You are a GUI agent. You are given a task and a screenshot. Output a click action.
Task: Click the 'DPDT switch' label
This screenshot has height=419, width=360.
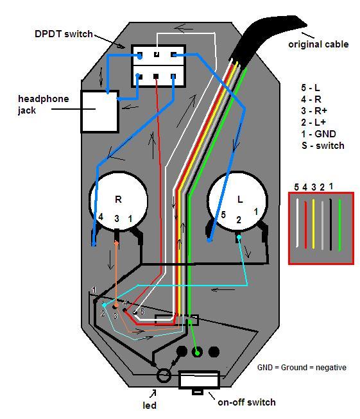pyautogui.click(x=64, y=34)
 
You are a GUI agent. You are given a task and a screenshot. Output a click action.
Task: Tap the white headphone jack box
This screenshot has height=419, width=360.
pyautogui.click(x=100, y=112)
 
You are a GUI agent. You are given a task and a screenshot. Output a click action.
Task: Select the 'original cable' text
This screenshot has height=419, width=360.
pyautogui.click(x=318, y=44)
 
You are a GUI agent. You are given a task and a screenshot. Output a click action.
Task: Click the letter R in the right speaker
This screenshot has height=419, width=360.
pyautogui.click(x=118, y=200)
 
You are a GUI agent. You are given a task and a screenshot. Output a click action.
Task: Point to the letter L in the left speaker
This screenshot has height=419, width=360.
pyautogui.click(x=240, y=200)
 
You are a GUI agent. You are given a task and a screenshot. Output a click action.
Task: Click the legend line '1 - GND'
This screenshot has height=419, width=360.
pyautogui.click(x=318, y=134)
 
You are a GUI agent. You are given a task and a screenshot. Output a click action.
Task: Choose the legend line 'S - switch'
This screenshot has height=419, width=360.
pyautogui.click(x=323, y=146)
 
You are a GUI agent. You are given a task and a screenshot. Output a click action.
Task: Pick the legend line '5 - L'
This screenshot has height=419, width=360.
pyautogui.click(x=311, y=88)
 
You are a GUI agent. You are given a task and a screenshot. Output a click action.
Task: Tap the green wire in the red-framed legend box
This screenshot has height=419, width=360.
pyautogui.click(x=339, y=225)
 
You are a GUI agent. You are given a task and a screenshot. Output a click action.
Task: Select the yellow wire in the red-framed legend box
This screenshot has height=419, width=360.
pyautogui.click(x=313, y=224)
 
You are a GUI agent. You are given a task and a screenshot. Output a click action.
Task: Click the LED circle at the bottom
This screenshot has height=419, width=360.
pyautogui.click(x=163, y=375)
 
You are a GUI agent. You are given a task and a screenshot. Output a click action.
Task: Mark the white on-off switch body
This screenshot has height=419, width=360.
pyautogui.click(x=199, y=379)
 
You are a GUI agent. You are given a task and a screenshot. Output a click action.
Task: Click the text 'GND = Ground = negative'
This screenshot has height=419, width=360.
pyautogui.click(x=302, y=368)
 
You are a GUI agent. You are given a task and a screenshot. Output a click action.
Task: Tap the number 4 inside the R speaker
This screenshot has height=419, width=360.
pyautogui.click(x=101, y=217)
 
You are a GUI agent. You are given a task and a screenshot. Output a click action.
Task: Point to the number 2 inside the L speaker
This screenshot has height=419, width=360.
pyautogui.click(x=239, y=220)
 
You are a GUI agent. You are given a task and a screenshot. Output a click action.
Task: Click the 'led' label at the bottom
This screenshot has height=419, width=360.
pyautogui.click(x=150, y=406)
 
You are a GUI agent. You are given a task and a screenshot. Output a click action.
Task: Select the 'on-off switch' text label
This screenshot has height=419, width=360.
pyautogui.click(x=246, y=402)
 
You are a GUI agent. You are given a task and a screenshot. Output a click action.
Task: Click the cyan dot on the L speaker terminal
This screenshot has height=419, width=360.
pyautogui.click(x=239, y=237)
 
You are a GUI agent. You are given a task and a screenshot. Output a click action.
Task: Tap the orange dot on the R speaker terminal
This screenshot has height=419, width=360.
pyautogui.click(x=116, y=243)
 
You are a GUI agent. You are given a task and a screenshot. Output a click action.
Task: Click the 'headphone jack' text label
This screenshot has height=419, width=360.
pyautogui.click(x=43, y=105)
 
